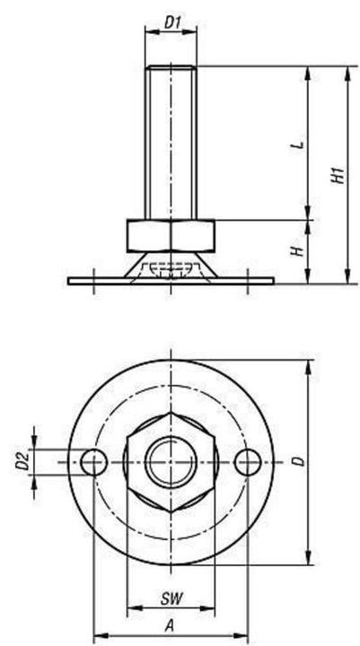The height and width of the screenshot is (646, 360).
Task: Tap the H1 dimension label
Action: click(x=338, y=174)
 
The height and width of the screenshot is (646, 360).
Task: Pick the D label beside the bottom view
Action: click(x=299, y=461)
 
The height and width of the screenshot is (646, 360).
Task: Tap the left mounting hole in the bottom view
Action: click(x=93, y=462)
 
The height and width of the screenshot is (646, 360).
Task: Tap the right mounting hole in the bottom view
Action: click(x=248, y=462)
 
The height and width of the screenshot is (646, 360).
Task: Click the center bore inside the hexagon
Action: click(x=171, y=462)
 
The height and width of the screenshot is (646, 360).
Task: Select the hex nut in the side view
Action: click(x=171, y=235)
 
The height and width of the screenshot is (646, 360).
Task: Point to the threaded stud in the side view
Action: click(x=171, y=144)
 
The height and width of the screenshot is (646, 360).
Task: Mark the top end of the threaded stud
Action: click(x=171, y=66)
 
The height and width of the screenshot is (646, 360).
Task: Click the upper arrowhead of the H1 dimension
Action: click(x=346, y=72)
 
